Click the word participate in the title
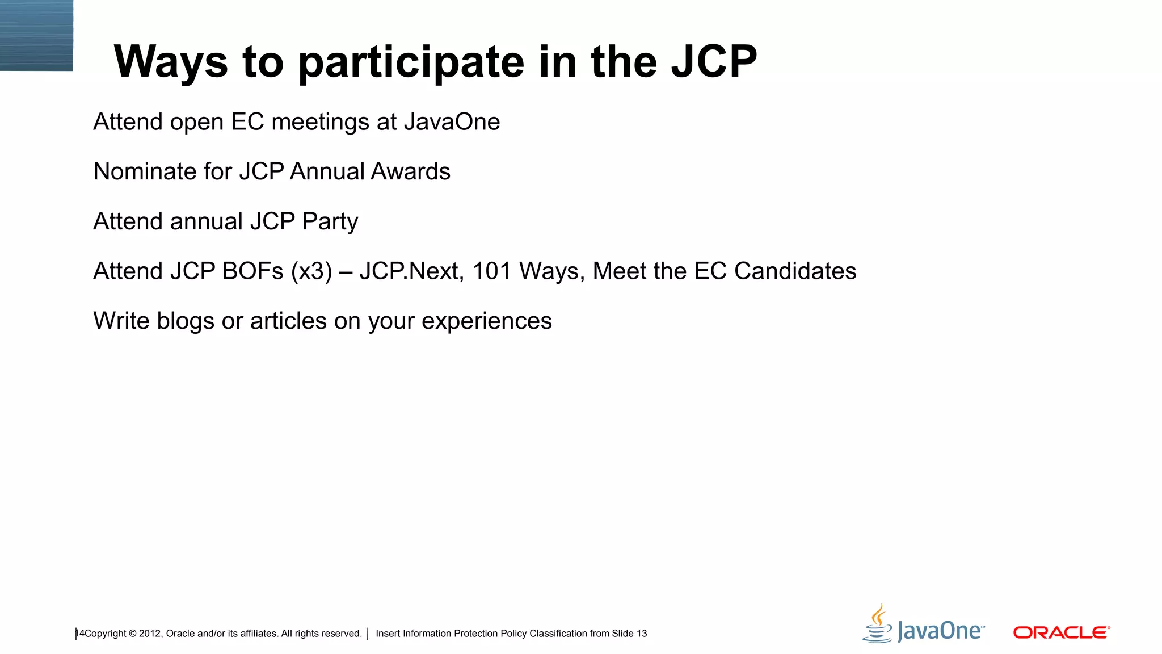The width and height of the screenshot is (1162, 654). pos(411,62)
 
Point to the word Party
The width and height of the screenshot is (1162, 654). pos(330,222)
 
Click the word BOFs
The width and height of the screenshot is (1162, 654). pos(252,271)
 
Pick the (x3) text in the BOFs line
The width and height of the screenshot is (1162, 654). pos(311,272)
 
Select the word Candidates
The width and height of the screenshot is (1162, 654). pos(795,271)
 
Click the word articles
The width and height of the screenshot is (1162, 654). pos(288,321)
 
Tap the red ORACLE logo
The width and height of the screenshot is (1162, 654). pos(1061,632)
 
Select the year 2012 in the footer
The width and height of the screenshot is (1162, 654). pos(150,634)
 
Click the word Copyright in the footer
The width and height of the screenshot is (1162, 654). pos(106,634)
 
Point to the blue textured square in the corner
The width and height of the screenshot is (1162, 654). pos(36,35)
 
